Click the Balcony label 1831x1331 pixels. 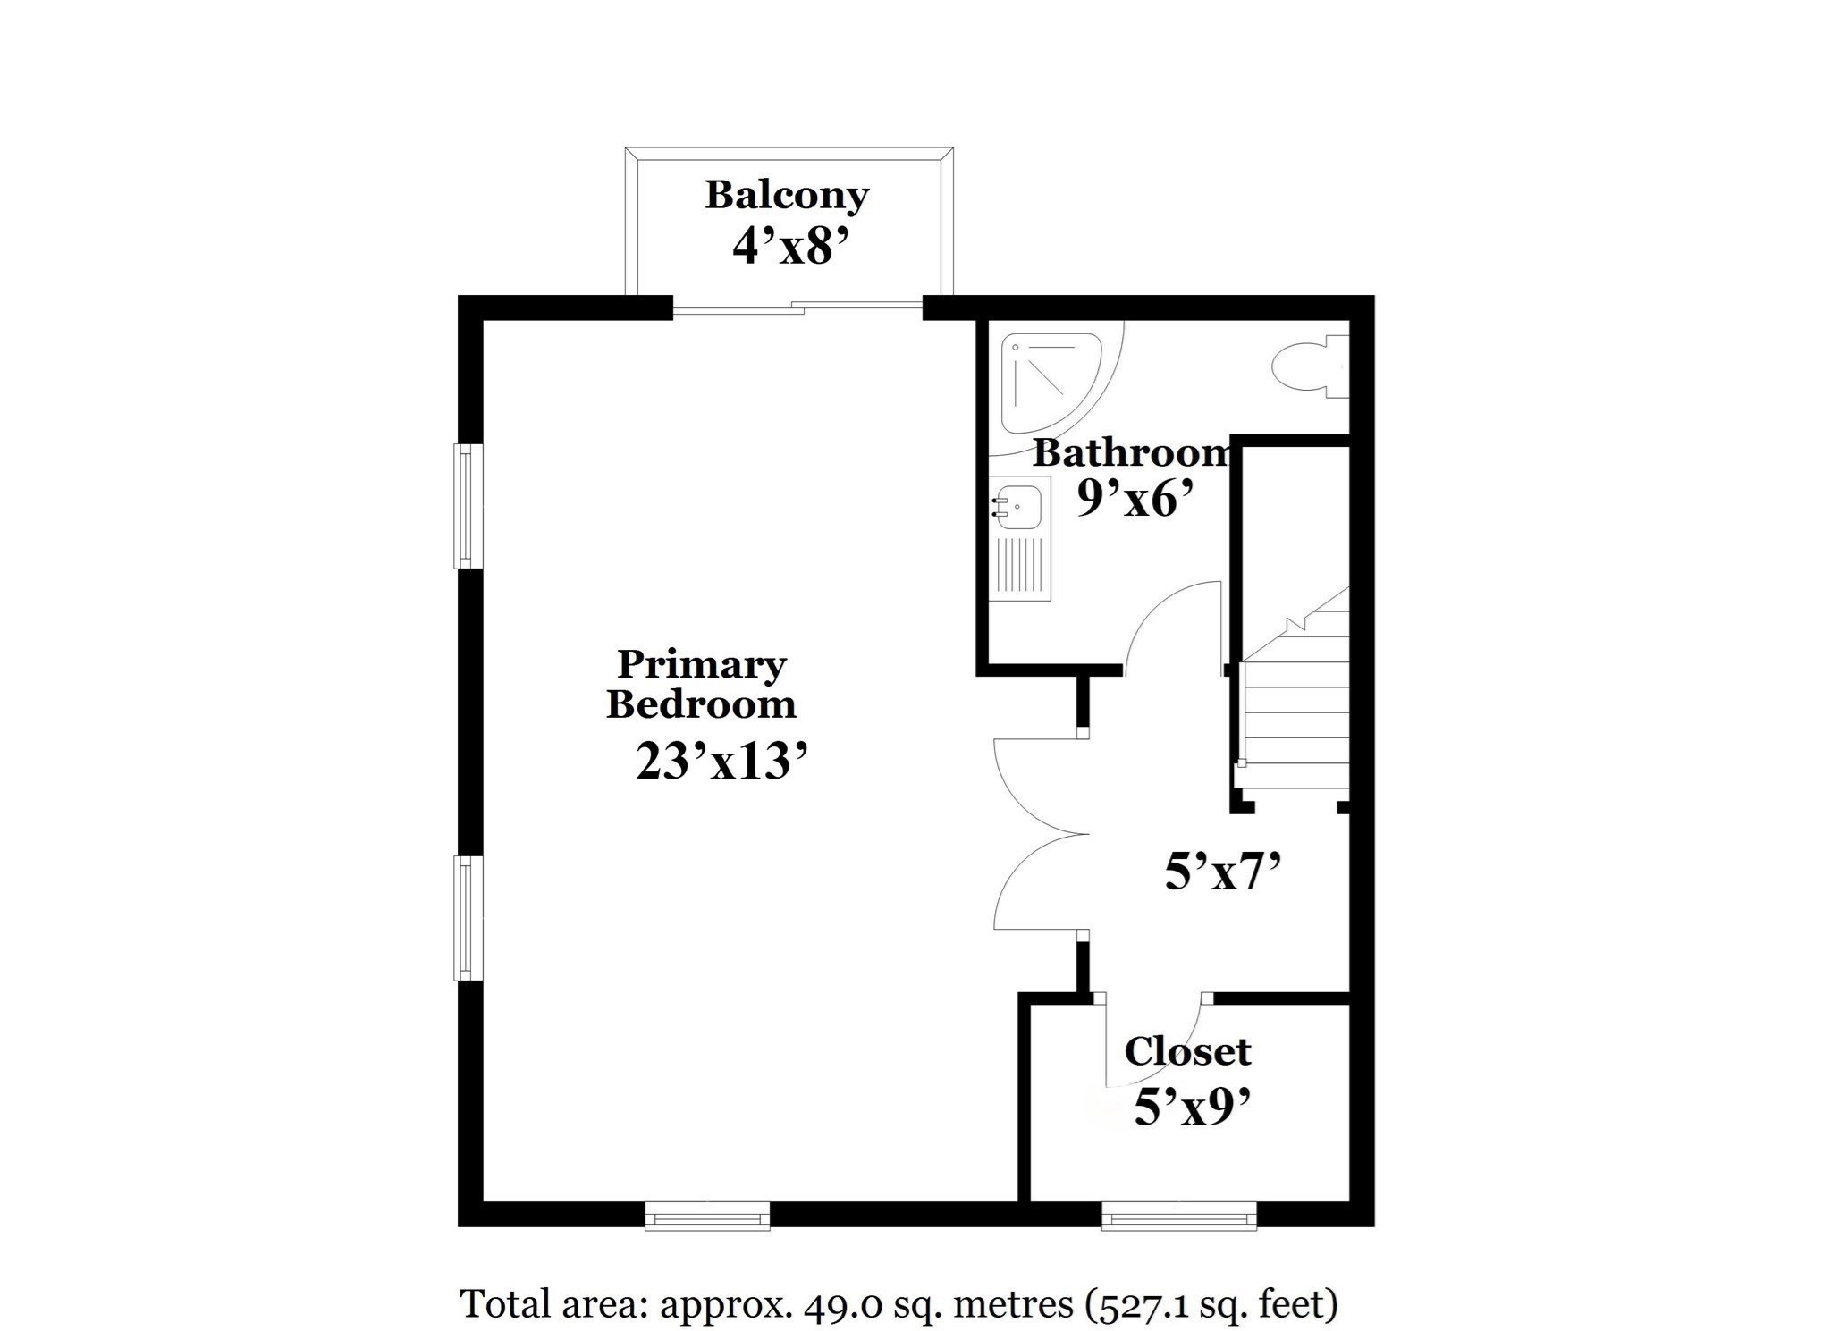787,195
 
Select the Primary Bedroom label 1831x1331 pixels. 702,684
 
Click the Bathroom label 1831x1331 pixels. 1132,453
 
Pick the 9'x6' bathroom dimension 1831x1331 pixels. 1136,499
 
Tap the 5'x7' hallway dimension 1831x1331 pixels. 1224,872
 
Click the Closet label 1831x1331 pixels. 1187,1051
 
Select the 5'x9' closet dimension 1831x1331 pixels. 1191,1109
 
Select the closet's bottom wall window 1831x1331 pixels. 1178,1216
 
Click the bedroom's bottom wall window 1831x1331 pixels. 707,1216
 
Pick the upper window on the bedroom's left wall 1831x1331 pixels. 468,506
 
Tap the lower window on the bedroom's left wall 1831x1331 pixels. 468,918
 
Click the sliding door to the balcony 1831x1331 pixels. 797,308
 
